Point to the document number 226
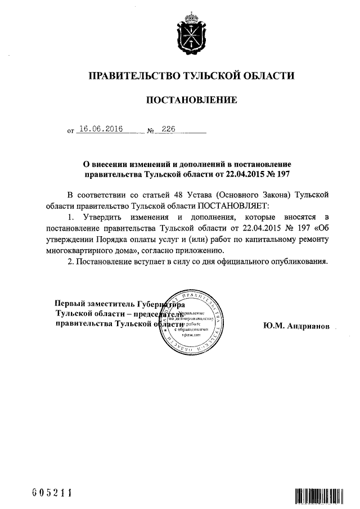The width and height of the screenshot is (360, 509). pyautogui.click(x=168, y=129)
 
